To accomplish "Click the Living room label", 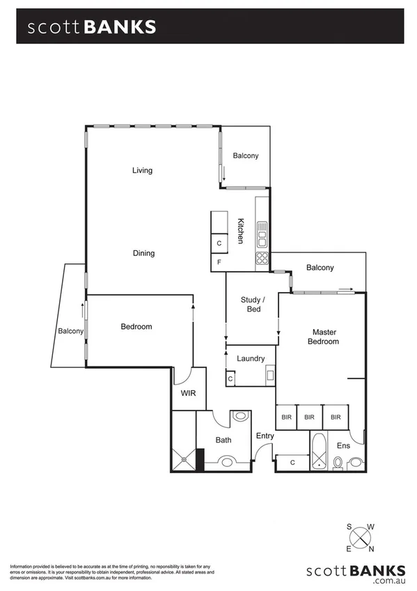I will [x=142, y=171].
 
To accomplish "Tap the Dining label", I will [x=143, y=254].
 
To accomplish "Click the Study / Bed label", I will [x=251, y=305].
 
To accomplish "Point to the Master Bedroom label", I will [x=324, y=337].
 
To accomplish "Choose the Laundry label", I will [x=251, y=359].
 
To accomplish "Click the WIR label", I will [x=188, y=394].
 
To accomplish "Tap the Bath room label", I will [x=223, y=440].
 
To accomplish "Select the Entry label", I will [x=265, y=436].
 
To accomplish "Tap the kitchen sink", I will [x=262, y=235].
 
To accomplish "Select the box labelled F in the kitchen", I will [x=219, y=263].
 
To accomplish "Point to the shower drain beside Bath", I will [x=184, y=458].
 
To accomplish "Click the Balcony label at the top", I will [x=246, y=156].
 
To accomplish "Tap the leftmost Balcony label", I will [x=70, y=331].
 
